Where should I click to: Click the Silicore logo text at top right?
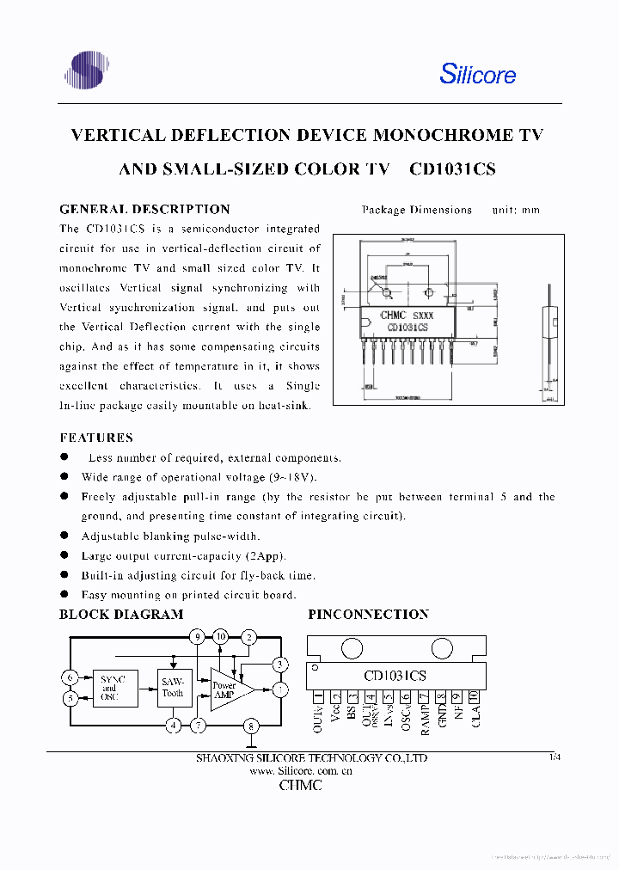pyautogui.click(x=477, y=74)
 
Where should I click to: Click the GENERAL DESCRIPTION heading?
pyautogui.click(x=144, y=209)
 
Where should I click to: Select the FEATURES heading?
pyautogui.click(x=96, y=438)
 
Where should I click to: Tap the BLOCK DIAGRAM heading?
pyautogui.click(x=121, y=615)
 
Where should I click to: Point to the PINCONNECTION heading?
pyautogui.click(x=368, y=615)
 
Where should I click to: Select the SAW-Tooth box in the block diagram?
pyautogui.click(x=173, y=688)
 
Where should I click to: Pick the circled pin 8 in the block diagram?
pyautogui.click(x=251, y=726)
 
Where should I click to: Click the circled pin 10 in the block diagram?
pyautogui.click(x=222, y=637)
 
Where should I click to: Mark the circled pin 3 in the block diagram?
pyautogui.click(x=279, y=665)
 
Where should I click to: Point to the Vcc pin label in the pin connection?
pyautogui.click(x=334, y=711)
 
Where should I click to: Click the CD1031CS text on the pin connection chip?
pyautogui.click(x=395, y=676)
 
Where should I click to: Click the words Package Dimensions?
pyautogui.click(x=417, y=210)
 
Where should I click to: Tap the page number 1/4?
pyautogui.click(x=554, y=757)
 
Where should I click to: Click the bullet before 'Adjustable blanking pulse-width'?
pyautogui.click(x=64, y=536)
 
